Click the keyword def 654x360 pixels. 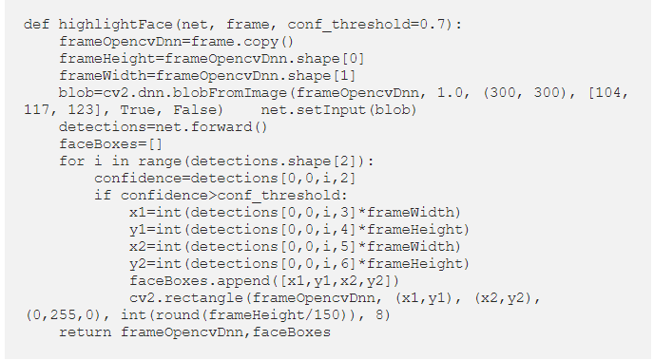[37, 24]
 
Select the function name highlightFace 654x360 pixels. [116, 25]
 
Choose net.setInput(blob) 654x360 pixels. [338, 110]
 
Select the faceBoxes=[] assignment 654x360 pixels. [110, 144]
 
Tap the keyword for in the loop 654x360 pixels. [71, 161]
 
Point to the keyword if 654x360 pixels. [103, 196]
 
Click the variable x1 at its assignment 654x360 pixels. [138, 213]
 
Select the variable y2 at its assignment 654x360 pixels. [138, 264]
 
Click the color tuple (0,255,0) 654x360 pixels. [64, 315]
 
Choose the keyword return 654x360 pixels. [86, 332]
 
